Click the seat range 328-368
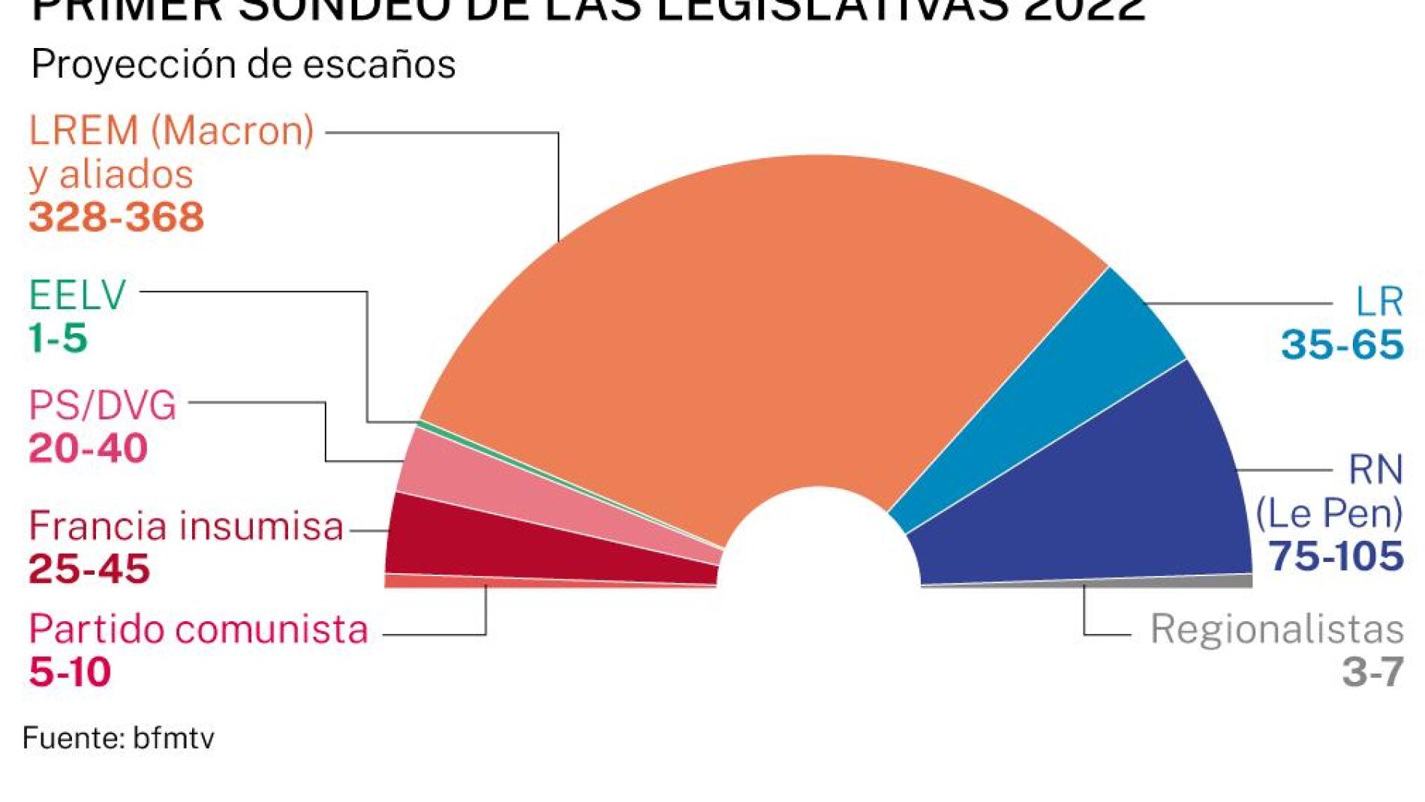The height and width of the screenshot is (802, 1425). [x=116, y=218]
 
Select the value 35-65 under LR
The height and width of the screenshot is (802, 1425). [x=1342, y=345]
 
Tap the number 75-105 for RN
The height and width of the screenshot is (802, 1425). [x=1336, y=557]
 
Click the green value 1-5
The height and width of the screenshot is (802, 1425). [x=58, y=338]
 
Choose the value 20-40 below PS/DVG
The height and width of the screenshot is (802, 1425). [x=88, y=449]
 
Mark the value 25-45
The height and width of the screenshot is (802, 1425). [x=89, y=569]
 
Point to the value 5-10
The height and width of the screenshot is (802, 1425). [x=70, y=671]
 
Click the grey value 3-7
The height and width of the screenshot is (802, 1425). [x=1372, y=671]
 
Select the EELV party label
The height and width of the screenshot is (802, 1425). [x=77, y=295]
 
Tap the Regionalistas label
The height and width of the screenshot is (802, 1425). [x=1276, y=629]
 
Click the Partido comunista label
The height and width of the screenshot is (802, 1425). [x=198, y=629]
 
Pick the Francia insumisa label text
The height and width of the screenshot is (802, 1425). [x=186, y=526]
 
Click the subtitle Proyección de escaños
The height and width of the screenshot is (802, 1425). [x=243, y=65]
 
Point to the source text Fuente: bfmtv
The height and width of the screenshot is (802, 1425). [x=119, y=738]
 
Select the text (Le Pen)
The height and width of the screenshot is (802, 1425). [x=1329, y=514]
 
